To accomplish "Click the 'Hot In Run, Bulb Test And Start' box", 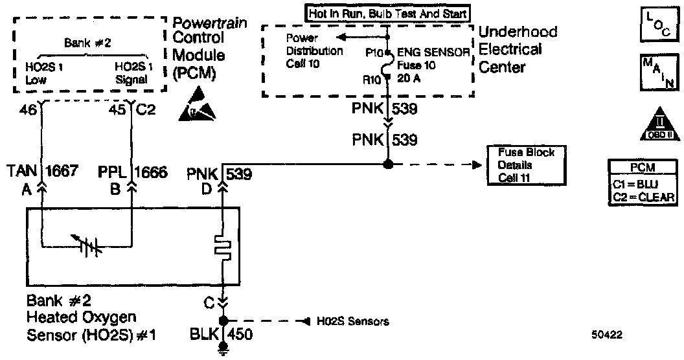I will coord(387,12).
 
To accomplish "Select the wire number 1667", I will coord(62,172).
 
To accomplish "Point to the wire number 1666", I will coord(150,172).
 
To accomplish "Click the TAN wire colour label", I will coord(23,172).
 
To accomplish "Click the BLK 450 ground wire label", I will coord(222,334).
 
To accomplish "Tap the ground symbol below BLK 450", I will coord(223,352).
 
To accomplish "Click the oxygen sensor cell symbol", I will coord(86,247).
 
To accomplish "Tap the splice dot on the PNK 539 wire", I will coord(387,165).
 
